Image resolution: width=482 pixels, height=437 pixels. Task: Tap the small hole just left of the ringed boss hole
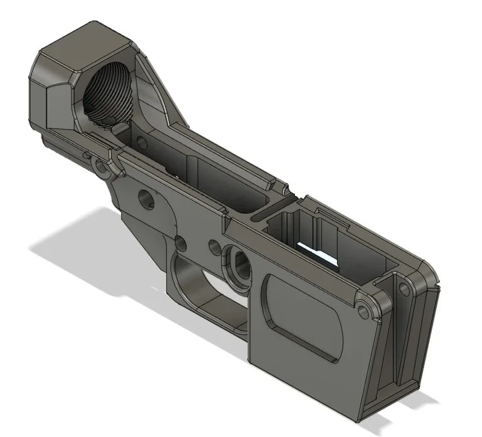click(x=214, y=245)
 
